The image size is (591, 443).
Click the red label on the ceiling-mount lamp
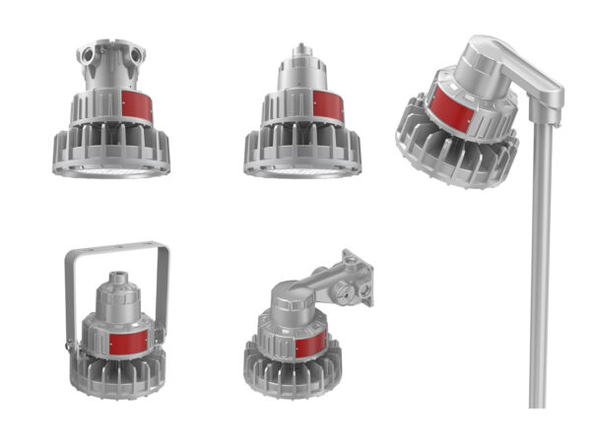(x=137, y=106)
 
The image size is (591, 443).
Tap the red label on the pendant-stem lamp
(x=328, y=107)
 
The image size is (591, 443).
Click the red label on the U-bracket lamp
(x=129, y=341)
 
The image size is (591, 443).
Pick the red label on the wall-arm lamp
(x=310, y=345)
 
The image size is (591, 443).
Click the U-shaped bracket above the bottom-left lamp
(x=116, y=247)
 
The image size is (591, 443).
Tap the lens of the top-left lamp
(x=109, y=170)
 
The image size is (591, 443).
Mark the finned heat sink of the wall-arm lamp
(x=286, y=374)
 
